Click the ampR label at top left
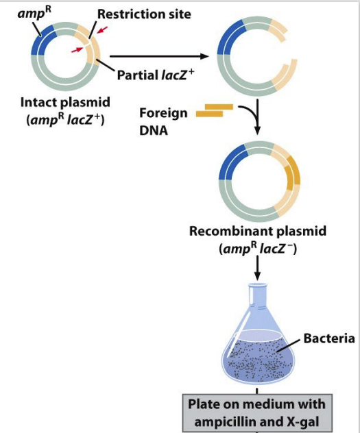34,13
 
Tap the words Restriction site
144,14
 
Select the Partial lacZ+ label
156,75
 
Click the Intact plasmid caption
65,102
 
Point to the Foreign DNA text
163,121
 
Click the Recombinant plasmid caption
258,231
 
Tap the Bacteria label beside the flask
329,338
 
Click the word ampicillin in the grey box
236,421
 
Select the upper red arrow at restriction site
101,30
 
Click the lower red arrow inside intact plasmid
77,50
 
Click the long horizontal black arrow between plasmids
159,56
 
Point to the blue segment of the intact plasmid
43,40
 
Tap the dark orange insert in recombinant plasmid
293,173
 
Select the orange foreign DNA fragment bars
215,110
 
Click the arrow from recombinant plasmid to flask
257,268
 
